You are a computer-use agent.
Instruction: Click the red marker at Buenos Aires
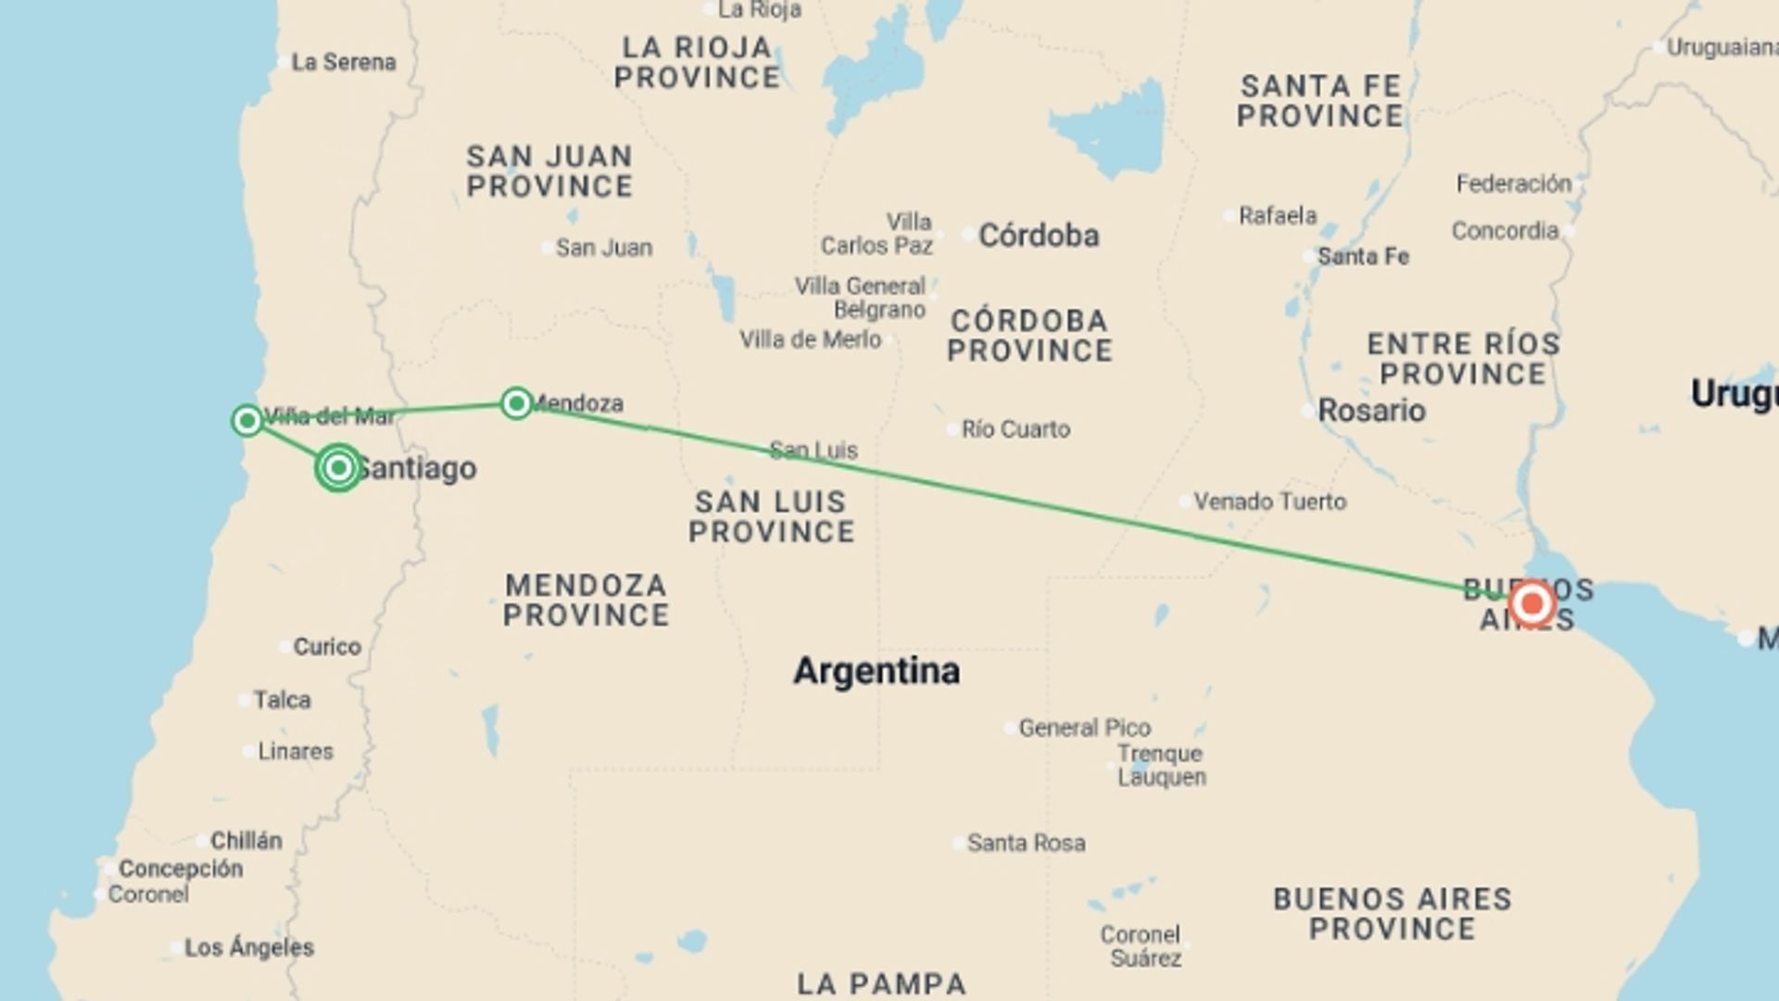(1532, 604)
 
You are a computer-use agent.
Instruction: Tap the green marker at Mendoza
(516, 402)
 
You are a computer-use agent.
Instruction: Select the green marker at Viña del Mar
(246, 421)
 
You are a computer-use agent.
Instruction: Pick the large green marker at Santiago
(338, 468)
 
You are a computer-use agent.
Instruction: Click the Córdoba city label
(1039, 235)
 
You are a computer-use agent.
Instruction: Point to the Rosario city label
(1371, 411)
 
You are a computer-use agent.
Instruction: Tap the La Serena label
(343, 62)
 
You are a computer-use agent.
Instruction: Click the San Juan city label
(603, 247)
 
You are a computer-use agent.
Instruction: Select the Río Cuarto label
(1016, 429)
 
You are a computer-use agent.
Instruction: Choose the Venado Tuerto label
(1269, 501)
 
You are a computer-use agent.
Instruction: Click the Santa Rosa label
(1026, 843)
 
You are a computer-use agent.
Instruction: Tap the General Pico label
(1084, 728)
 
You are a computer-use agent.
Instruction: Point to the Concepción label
(181, 868)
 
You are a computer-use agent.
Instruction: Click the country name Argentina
(876, 671)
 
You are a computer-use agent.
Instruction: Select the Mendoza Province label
(586, 600)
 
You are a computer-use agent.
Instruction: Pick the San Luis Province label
(771, 516)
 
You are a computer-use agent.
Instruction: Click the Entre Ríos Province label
(1463, 359)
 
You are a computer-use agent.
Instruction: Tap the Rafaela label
(1277, 216)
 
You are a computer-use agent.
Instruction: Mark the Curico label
(326, 646)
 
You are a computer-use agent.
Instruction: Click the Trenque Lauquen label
(1160, 766)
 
